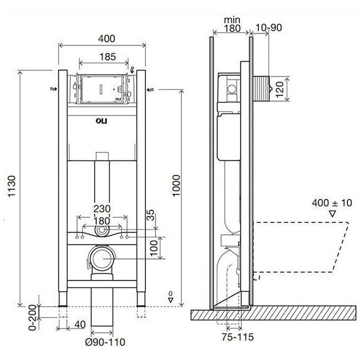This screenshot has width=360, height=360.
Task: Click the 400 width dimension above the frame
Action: (107, 39)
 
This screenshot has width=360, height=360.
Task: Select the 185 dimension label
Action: (107, 57)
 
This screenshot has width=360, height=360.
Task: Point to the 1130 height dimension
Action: (12, 186)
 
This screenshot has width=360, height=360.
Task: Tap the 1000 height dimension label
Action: (177, 186)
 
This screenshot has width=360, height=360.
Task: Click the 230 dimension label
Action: (102, 209)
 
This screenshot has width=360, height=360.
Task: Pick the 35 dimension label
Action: (150, 215)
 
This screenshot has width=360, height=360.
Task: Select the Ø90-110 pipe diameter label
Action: (105, 342)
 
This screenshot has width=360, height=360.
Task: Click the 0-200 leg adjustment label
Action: (33, 318)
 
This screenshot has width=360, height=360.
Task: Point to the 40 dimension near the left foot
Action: (80, 325)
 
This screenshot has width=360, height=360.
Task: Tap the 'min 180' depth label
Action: (232, 24)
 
